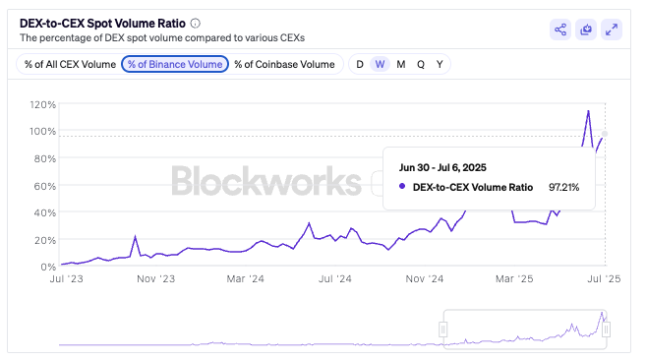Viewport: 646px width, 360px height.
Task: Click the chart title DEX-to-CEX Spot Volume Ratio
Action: click(102, 23)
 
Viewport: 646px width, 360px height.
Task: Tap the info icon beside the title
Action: click(195, 23)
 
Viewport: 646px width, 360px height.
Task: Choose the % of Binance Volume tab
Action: click(175, 64)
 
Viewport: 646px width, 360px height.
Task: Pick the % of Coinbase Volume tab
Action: click(284, 64)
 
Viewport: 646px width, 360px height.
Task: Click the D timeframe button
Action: click(360, 64)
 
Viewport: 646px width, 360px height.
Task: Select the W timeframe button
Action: click(380, 64)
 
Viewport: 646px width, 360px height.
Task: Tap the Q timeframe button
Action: click(421, 64)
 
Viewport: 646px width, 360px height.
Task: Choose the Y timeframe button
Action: click(440, 64)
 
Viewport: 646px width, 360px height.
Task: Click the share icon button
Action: click(560, 30)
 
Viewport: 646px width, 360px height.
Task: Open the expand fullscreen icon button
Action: click(612, 30)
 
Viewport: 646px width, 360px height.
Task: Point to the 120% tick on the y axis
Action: click(41, 103)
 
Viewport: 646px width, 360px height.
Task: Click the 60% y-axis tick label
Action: click(44, 185)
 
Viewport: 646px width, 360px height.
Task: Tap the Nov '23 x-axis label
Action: click(155, 279)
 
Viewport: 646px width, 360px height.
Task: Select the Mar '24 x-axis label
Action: click(248, 279)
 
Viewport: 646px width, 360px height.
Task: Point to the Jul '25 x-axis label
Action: click(605, 279)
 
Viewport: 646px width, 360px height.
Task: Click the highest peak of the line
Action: click(588, 111)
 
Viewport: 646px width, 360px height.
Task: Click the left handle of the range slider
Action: click(443, 330)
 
